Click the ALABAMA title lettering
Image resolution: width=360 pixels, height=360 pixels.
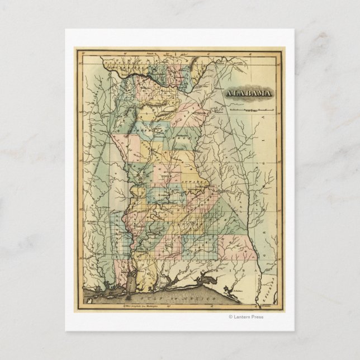250,93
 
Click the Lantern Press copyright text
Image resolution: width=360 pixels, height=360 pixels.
246,317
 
